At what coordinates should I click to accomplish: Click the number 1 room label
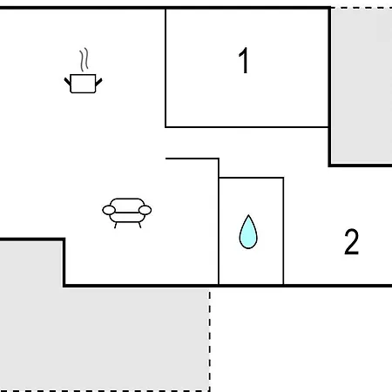(244, 60)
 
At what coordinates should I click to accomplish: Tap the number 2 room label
(352, 241)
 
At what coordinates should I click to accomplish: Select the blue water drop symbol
(248, 232)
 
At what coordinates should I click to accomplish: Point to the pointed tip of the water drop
(248, 215)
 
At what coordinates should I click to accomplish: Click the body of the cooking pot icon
(83, 84)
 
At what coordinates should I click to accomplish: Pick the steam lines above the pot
(84, 60)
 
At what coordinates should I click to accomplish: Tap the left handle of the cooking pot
(67, 81)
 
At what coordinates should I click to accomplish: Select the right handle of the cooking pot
(98, 82)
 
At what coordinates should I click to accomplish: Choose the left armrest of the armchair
(109, 210)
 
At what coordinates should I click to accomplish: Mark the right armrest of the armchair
(145, 210)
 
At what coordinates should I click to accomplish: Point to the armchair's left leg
(115, 226)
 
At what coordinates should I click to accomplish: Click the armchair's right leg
(139, 226)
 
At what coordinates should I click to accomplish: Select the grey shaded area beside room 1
(362, 87)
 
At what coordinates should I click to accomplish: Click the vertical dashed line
(210, 340)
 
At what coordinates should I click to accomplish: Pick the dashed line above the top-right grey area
(362, 8)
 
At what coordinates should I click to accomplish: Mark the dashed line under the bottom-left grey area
(105, 391)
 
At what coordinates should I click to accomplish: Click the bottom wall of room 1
(247, 127)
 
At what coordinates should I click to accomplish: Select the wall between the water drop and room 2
(283, 231)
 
